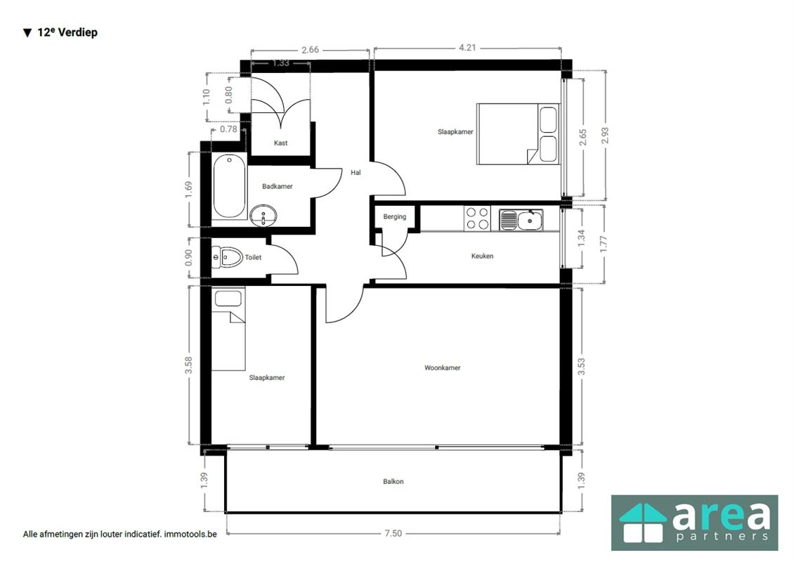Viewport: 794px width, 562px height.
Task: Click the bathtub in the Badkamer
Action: [229, 187]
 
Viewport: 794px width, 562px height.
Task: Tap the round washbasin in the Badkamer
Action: [263, 216]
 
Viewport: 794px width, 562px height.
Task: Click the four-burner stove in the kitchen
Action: [477, 218]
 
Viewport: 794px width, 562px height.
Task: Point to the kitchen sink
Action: [521, 221]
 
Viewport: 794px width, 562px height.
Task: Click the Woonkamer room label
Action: [442, 367]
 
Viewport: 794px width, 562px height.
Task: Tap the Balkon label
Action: [393, 481]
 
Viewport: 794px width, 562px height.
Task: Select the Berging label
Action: [394, 216]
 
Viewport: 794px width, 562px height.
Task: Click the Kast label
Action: [280, 143]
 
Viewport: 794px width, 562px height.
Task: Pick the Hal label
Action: [356, 173]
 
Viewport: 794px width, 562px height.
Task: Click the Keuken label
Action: [482, 256]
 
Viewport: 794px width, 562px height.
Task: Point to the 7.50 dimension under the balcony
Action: [393, 533]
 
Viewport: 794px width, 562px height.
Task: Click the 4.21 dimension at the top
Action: [467, 48]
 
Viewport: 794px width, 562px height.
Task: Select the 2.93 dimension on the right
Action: [604, 135]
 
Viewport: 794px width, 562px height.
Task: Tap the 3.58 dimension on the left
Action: [188, 365]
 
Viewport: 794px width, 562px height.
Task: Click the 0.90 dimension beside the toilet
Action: [188, 258]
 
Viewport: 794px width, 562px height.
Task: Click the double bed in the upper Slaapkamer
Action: [518, 134]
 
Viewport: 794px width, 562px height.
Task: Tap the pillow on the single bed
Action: [228, 299]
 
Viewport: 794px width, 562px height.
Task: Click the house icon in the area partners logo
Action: [643, 523]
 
